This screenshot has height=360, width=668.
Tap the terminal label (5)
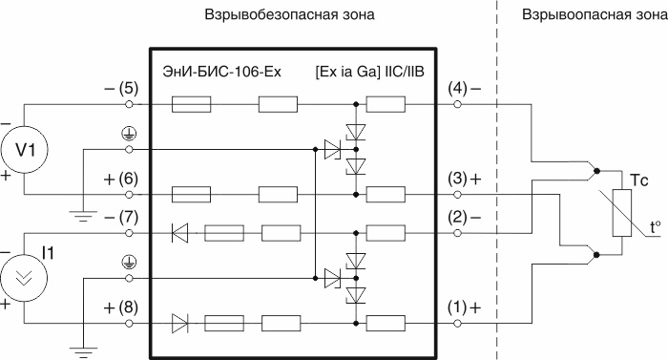pyautogui.click(x=129, y=88)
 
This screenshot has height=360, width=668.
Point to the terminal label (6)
pyautogui.click(x=129, y=179)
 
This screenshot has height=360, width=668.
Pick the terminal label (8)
pyautogui.click(x=129, y=307)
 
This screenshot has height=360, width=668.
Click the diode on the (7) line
pyautogui.click(x=178, y=232)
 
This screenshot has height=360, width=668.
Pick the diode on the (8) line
pyautogui.click(x=178, y=323)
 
